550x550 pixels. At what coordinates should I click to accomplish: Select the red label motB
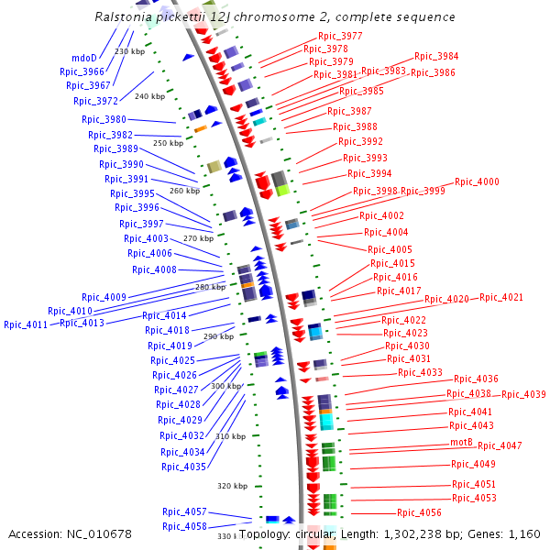tap(461, 442)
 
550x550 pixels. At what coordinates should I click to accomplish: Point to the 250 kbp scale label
tap(168, 143)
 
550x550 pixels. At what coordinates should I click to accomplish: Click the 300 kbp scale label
tap(225, 386)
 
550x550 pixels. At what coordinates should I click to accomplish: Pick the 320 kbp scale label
tap(232, 486)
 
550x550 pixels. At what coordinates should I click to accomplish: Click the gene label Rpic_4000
tap(477, 181)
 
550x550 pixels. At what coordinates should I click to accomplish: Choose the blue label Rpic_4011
tap(26, 324)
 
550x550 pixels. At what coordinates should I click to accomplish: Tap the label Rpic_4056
tap(419, 512)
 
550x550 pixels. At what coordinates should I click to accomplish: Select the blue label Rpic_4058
tap(184, 526)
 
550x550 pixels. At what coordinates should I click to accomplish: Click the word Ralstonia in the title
tap(125, 17)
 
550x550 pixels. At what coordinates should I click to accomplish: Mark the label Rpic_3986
tap(433, 72)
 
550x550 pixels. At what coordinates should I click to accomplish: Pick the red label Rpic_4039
tap(523, 394)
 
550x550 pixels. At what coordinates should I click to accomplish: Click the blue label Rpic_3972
tap(95, 101)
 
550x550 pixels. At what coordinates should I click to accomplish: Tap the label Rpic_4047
tap(500, 445)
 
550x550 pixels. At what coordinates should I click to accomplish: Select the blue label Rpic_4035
tap(182, 467)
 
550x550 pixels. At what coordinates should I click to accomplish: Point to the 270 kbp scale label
tap(198, 238)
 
